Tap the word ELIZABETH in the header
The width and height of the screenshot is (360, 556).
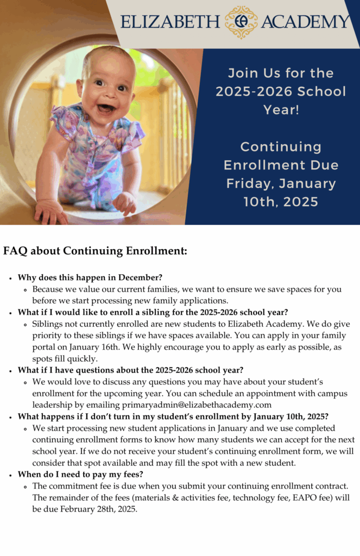[170, 22]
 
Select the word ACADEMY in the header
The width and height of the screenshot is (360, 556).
[306, 22]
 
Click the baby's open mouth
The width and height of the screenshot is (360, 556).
[106, 108]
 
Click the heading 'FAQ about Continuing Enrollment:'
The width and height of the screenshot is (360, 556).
[95, 251]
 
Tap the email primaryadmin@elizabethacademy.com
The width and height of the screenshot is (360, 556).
[197, 405]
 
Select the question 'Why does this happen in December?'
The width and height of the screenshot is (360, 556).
[90, 277]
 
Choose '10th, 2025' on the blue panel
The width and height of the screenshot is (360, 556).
[281, 202]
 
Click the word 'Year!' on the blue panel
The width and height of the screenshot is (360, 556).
[281, 110]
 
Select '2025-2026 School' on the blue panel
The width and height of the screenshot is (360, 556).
[281, 91]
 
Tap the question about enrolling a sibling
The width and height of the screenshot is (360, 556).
[153, 312]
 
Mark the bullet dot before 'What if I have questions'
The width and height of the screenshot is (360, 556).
[11, 371]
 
